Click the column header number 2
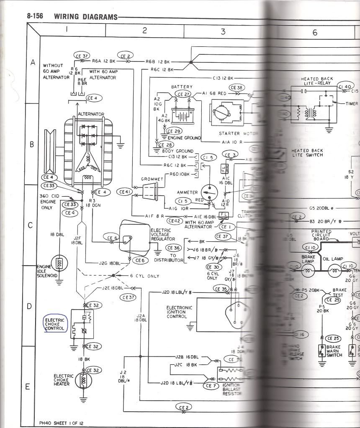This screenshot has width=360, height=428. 144,30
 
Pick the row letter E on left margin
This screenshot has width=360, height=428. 28,386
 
